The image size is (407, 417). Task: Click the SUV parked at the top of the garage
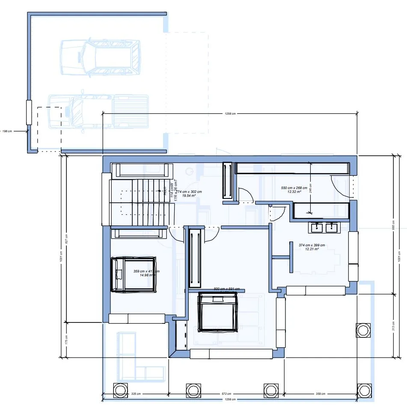101,58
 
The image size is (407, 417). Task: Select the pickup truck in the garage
99,112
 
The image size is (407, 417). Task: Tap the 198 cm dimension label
7,131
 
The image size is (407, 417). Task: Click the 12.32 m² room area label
294,192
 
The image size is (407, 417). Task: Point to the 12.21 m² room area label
312,249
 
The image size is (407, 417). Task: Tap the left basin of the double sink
317,228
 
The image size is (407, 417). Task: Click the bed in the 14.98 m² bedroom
134,274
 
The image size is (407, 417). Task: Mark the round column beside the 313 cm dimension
362,330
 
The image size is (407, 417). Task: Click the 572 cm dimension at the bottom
226,393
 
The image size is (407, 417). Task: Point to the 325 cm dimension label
136,393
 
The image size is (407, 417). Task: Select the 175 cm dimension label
66,339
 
